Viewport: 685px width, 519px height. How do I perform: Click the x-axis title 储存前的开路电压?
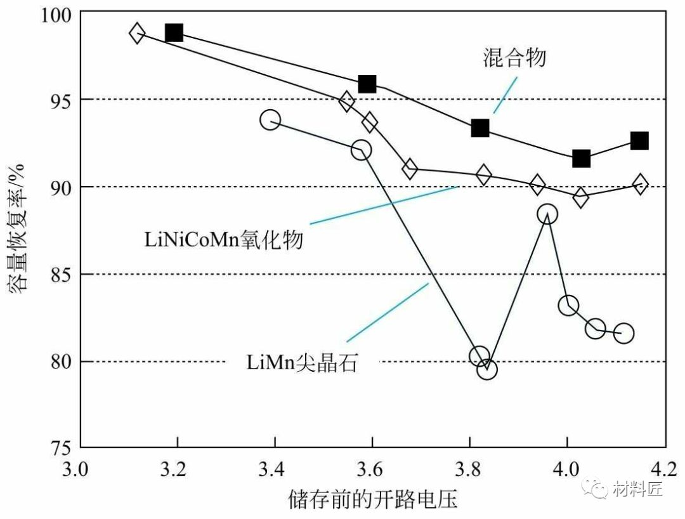click(372, 499)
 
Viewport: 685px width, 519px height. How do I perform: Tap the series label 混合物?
click(512, 58)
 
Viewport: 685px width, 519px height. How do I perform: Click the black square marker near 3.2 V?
click(174, 33)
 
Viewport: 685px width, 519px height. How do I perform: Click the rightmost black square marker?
click(639, 140)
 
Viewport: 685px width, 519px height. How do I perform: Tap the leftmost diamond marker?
click(137, 33)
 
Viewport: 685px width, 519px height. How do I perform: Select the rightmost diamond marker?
click(640, 184)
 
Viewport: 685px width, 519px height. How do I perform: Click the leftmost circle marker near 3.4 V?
click(270, 119)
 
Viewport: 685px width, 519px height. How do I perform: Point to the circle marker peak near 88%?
click(547, 214)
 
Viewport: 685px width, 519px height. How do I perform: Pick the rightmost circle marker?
click(624, 333)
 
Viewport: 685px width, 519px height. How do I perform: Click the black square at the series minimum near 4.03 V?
click(581, 159)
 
